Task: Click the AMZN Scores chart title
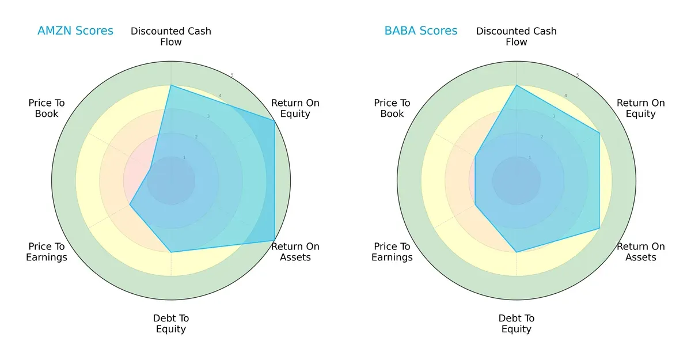coord(75,31)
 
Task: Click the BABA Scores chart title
coord(421,31)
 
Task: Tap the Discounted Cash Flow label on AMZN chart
coord(171,36)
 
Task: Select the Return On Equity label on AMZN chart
coord(295,108)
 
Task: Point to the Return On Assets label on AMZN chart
coord(295,252)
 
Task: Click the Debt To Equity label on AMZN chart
coord(171,324)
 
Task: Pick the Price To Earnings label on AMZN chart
coord(47,252)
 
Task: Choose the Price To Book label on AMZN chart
coord(47,108)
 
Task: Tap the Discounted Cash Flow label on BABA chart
coord(517,36)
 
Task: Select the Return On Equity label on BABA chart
coord(641,108)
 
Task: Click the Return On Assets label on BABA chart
coord(641,252)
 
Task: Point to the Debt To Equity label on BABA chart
coord(517,324)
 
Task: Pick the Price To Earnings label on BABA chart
coord(392,252)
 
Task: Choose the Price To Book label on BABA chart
coord(392,108)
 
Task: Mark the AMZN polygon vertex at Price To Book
coord(151,169)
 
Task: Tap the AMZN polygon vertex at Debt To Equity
coord(171,252)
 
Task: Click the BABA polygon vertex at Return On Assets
coord(599,229)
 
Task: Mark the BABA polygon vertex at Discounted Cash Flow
coord(517,85)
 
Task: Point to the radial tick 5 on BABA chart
coord(578,75)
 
